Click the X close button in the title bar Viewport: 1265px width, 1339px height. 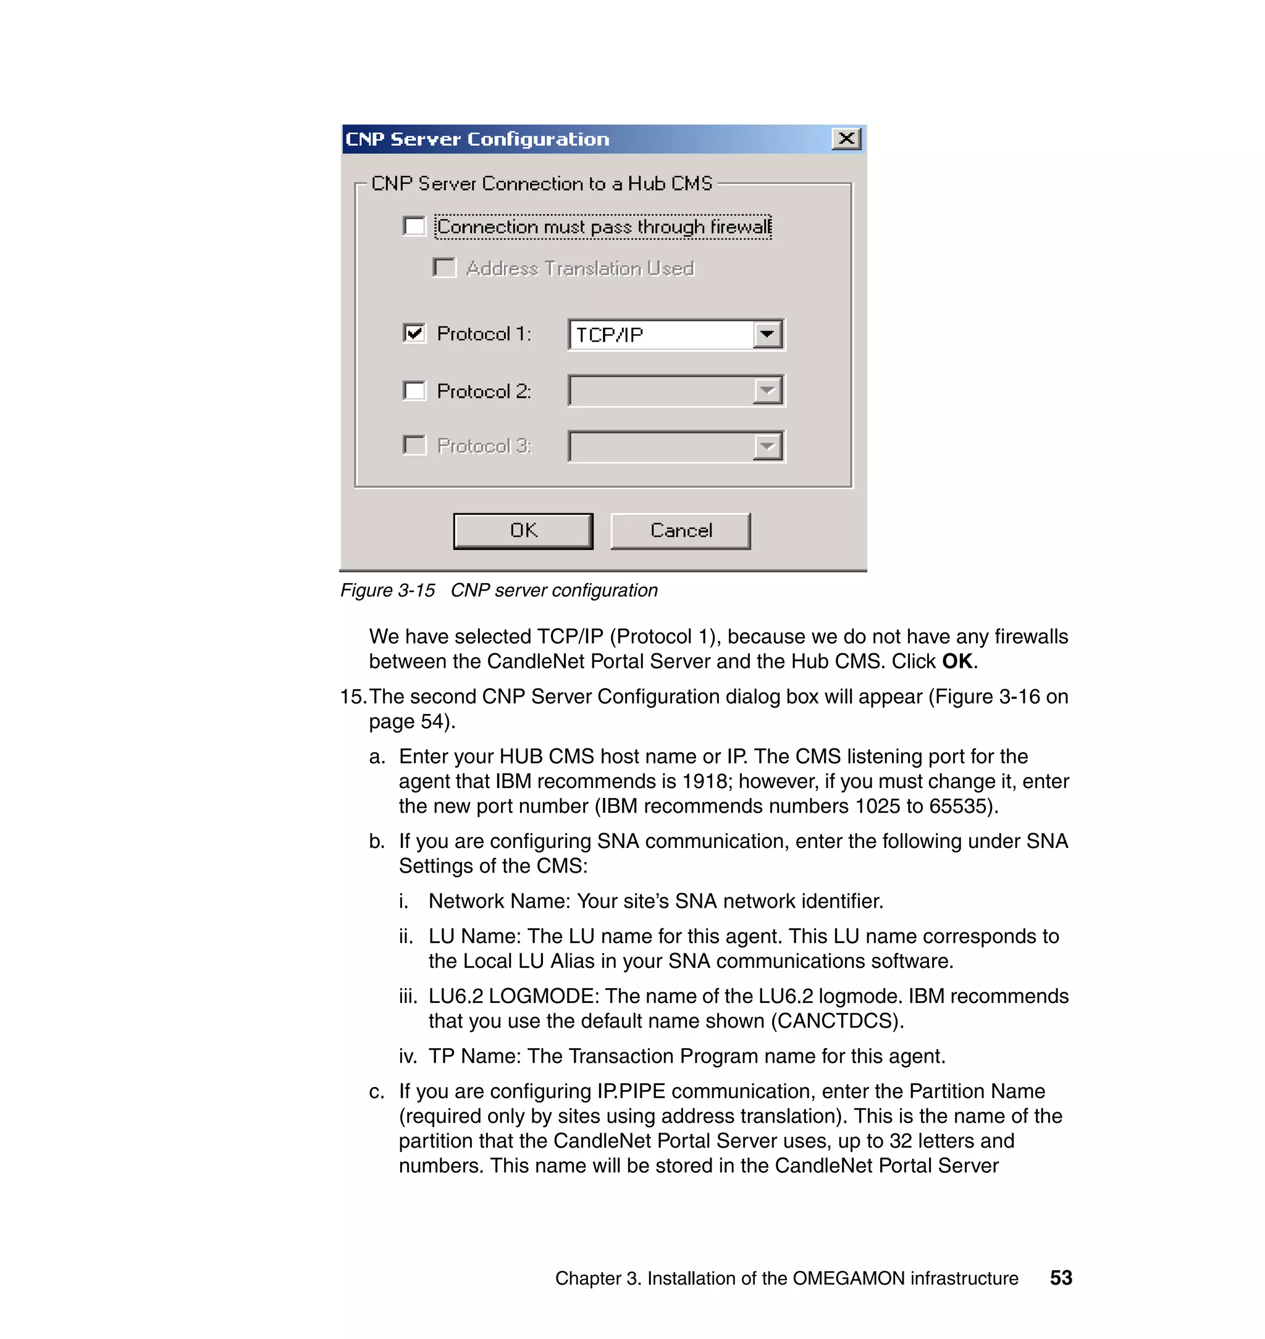tap(846, 139)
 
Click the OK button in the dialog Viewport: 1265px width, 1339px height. tap(523, 531)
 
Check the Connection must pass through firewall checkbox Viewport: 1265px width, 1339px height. tap(414, 226)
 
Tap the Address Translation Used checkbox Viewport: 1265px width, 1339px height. tap(444, 267)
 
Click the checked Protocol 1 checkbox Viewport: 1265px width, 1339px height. tap(414, 333)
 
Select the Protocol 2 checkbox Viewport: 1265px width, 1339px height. tap(414, 390)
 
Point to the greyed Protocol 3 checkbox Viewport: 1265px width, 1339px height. tap(414, 445)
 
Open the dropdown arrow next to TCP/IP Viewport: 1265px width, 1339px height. tap(767, 334)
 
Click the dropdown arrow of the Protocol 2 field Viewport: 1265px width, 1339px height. tap(767, 390)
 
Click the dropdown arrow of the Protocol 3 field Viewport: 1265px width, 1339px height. tap(767, 447)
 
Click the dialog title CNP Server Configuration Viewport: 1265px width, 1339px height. tap(477, 139)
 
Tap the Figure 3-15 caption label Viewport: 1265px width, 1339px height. tap(388, 590)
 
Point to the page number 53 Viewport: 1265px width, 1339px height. tap(1061, 1278)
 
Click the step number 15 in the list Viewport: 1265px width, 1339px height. tap(351, 697)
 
